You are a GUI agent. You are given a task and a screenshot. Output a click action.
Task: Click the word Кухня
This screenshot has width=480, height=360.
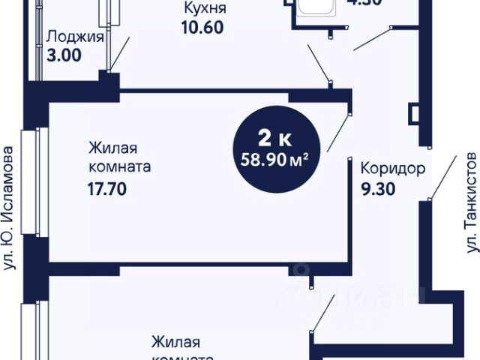tap(203, 10)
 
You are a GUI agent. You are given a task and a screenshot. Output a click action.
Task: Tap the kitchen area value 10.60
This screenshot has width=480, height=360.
tap(202, 28)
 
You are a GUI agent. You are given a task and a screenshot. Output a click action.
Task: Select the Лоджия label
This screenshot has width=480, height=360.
tap(74, 36)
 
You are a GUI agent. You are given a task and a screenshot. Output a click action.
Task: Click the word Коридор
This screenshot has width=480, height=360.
tap(393, 168)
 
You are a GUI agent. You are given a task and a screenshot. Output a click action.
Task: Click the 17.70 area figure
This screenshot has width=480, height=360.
tap(106, 189)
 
